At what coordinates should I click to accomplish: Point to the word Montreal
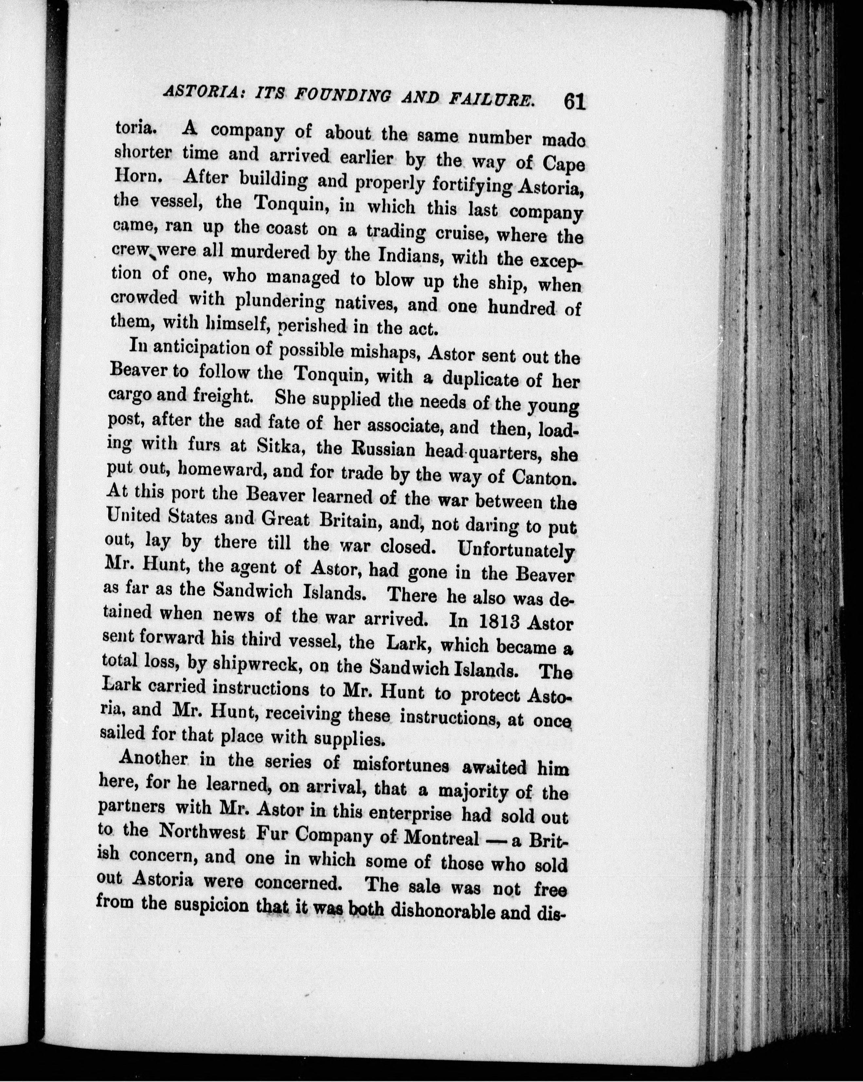(x=448, y=837)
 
